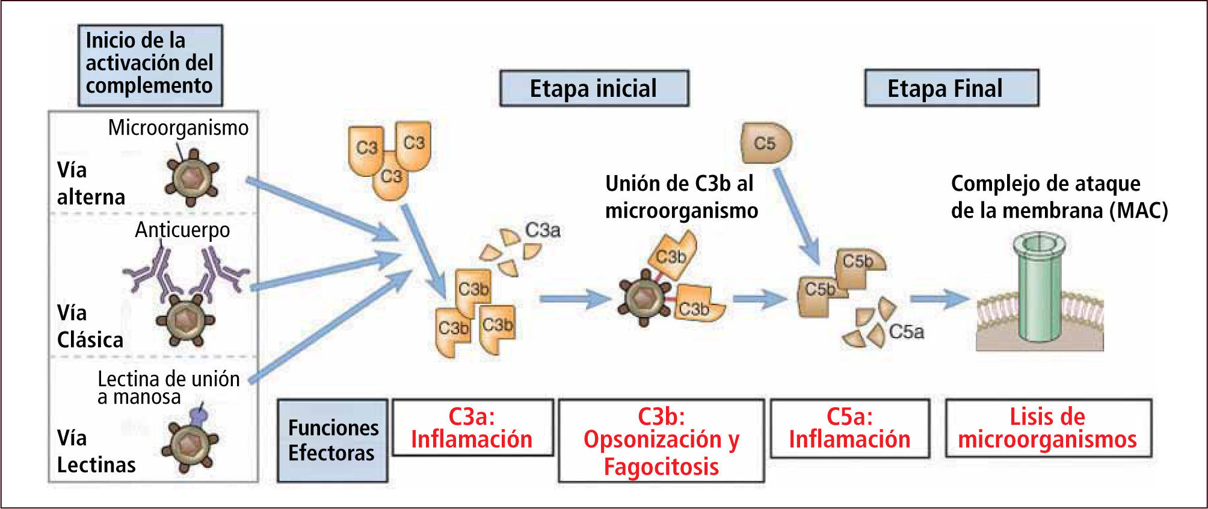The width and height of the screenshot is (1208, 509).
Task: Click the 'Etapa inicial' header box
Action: pos(594,88)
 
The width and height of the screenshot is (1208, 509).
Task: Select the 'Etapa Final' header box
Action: pos(951,88)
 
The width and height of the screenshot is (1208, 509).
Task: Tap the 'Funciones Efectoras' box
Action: pos(332,440)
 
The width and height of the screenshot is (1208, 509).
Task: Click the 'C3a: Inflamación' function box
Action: pos(472,428)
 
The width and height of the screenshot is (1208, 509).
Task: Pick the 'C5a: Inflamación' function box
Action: pos(849,428)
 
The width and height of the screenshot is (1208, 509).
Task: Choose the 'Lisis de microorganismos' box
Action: pos(1048,428)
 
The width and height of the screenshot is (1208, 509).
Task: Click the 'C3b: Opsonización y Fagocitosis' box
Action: pos(661,440)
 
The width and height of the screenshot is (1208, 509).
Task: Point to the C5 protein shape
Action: pos(765,143)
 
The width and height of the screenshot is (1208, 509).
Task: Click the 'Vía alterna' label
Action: pos(91,184)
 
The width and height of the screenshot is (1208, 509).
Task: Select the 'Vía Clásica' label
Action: pos(90,326)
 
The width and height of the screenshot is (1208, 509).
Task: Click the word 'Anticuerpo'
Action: pos(182,230)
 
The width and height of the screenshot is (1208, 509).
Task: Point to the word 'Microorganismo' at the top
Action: pos(178,128)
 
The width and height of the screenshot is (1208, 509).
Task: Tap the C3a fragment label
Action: pos(543,230)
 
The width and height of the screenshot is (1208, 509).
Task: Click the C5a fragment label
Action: pos(906,332)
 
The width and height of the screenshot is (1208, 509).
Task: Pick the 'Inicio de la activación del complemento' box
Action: pos(150,65)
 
